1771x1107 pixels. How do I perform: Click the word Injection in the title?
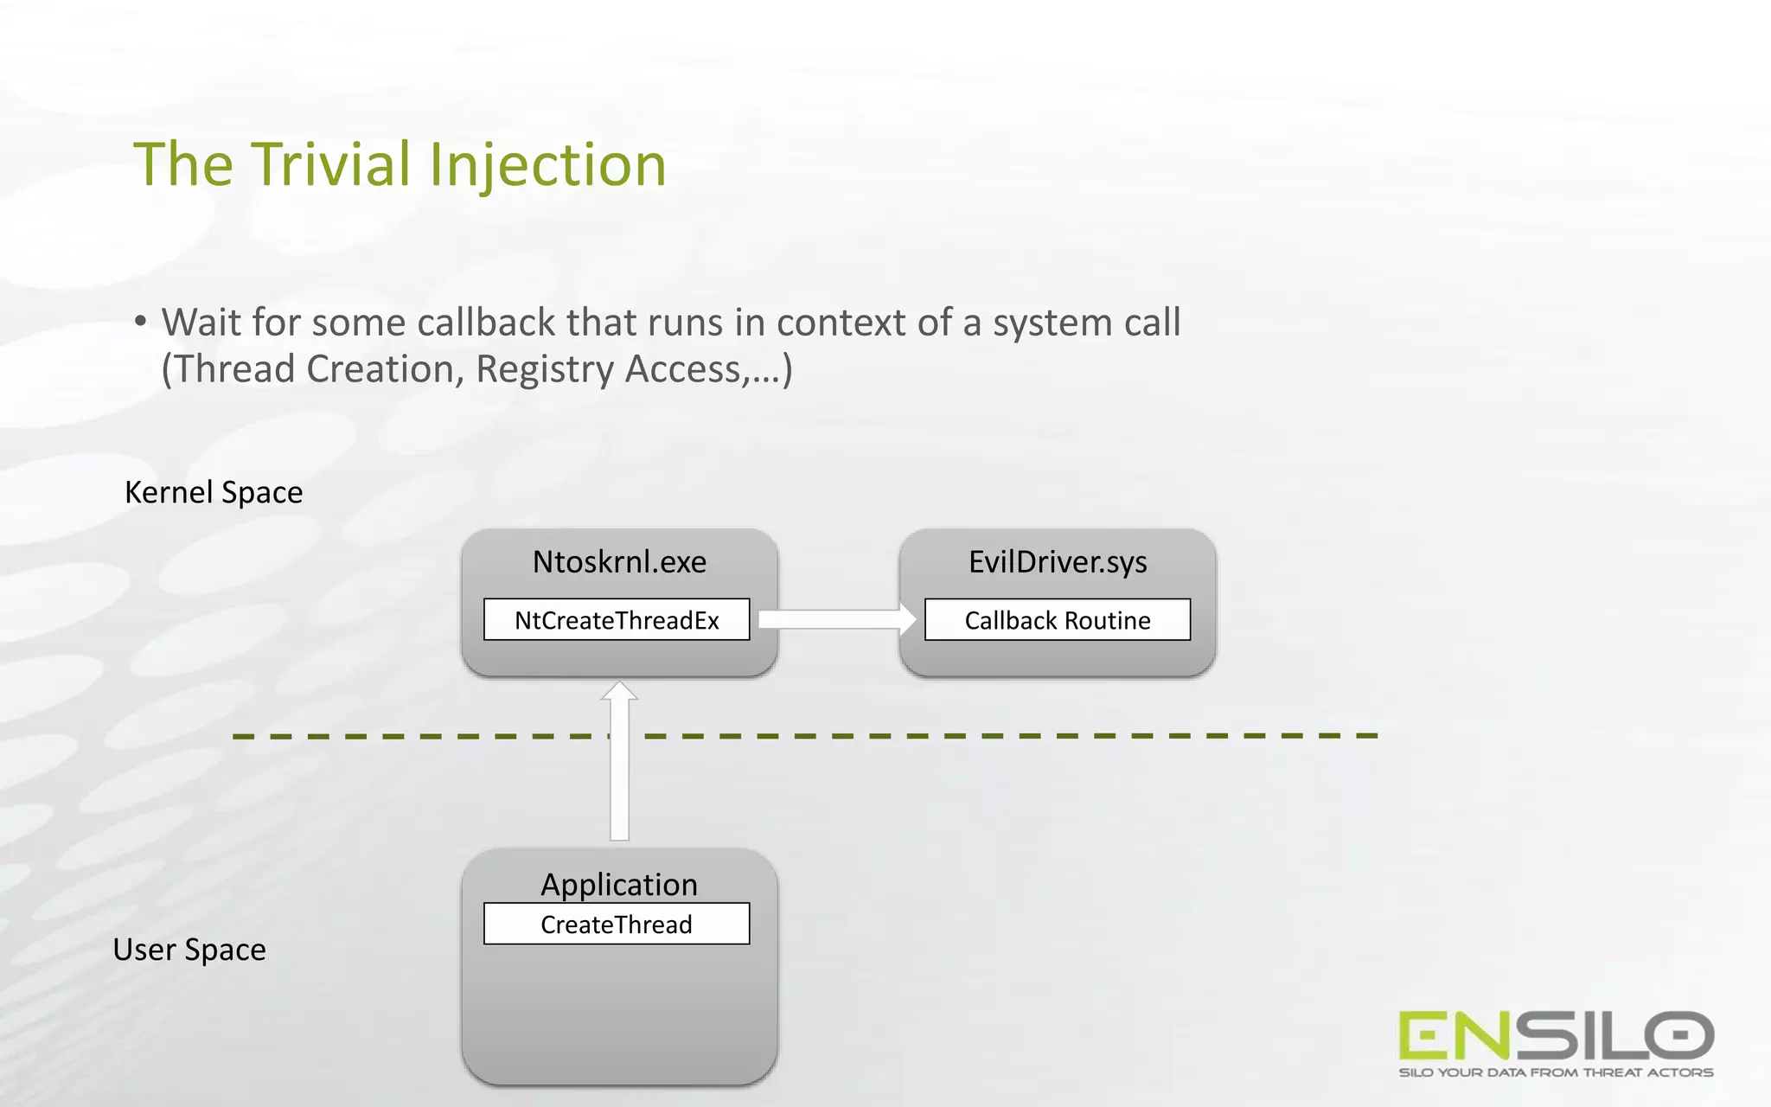point(547,166)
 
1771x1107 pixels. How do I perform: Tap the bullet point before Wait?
point(140,322)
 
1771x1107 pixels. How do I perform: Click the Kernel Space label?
point(214,492)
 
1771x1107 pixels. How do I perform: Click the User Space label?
point(189,950)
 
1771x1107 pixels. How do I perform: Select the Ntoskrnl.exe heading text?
point(619,562)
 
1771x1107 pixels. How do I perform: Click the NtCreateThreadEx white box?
point(617,620)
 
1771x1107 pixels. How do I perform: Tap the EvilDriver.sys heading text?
point(1058,562)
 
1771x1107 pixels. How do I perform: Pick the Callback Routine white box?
point(1057,620)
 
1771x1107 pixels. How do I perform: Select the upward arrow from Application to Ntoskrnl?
point(619,761)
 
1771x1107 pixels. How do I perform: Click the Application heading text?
point(619,884)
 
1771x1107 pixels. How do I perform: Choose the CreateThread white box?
point(617,925)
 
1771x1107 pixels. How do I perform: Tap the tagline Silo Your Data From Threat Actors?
point(1556,1072)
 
